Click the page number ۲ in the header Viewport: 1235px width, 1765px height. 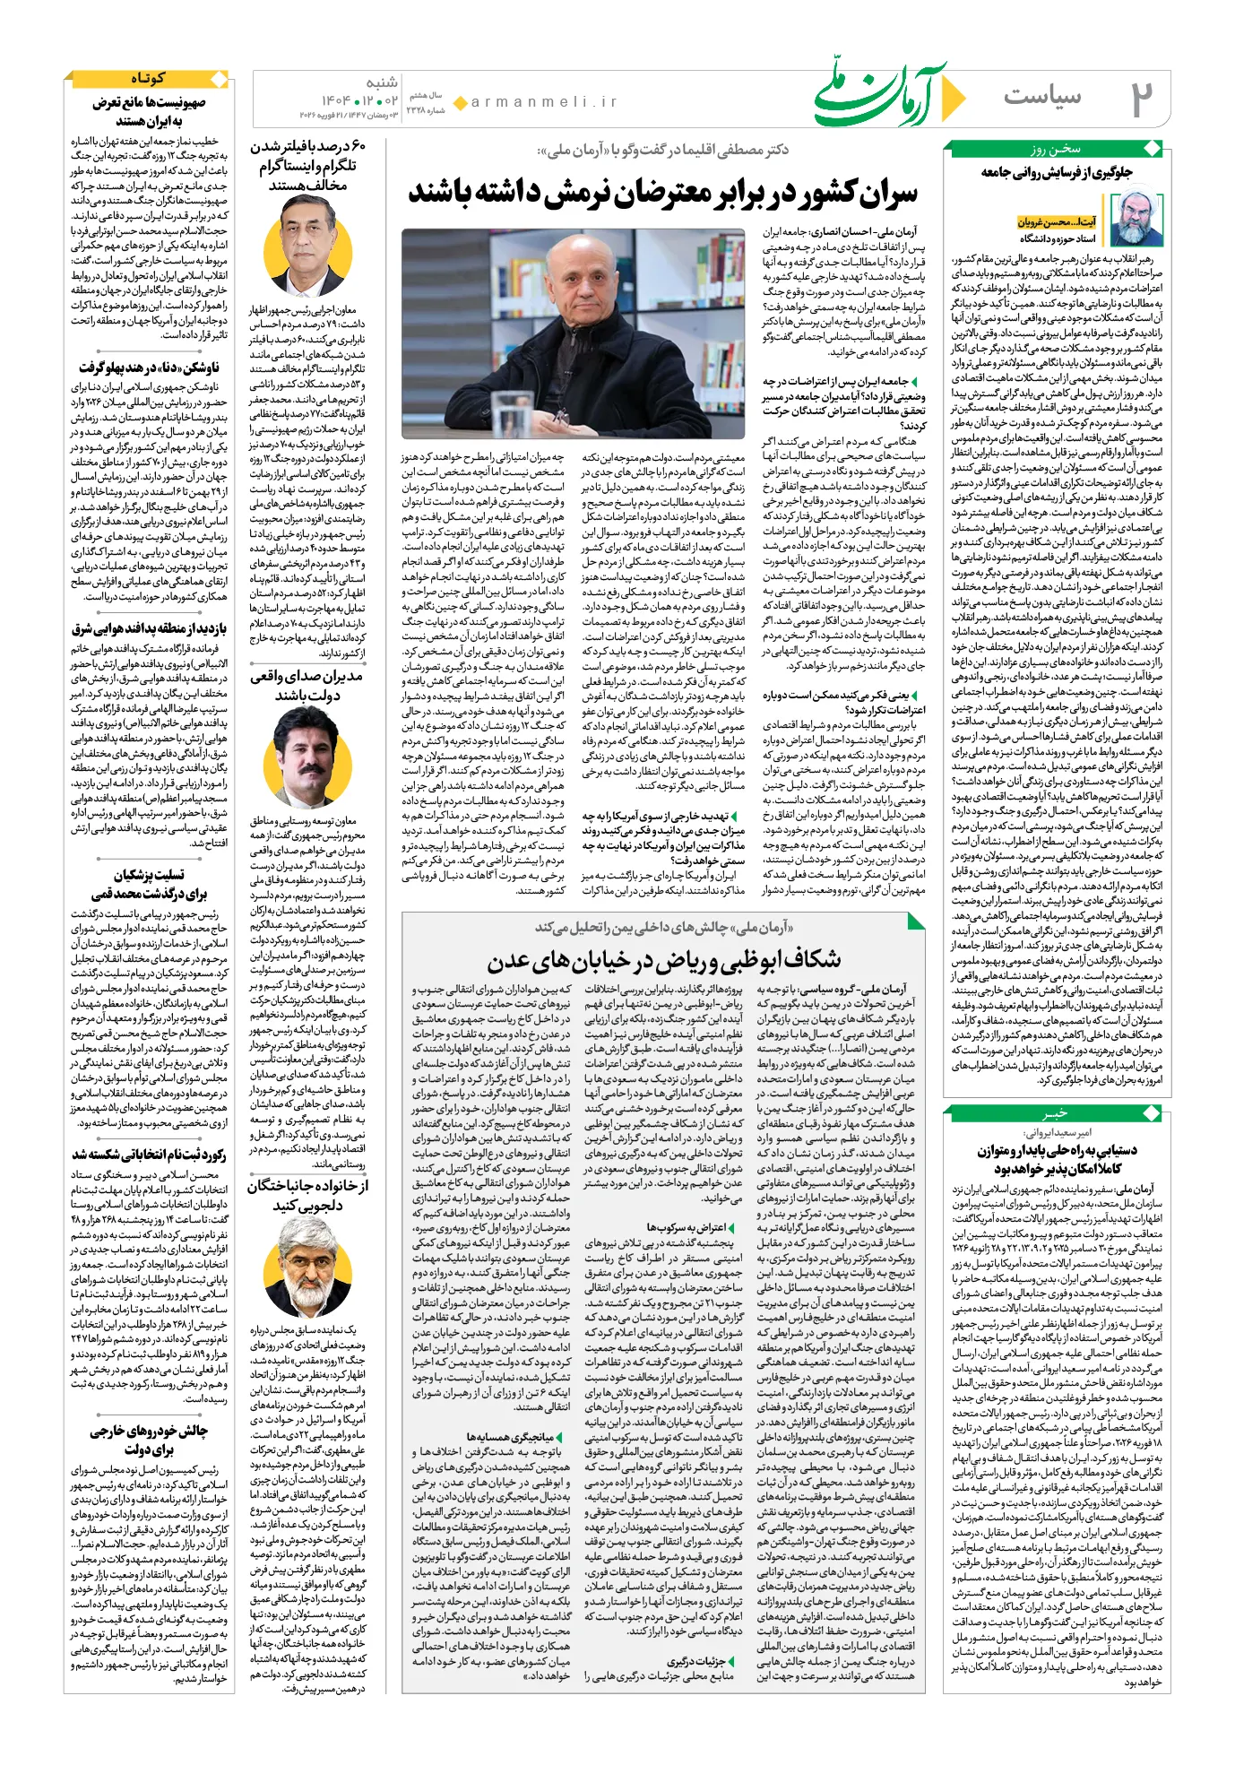(1140, 99)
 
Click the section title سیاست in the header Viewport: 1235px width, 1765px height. (1042, 97)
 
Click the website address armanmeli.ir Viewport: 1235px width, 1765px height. (544, 102)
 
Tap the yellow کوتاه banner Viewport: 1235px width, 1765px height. (148, 79)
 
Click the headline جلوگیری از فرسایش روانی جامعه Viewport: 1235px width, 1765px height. (1057, 172)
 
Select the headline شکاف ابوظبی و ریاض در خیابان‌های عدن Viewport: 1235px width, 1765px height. (663, 961)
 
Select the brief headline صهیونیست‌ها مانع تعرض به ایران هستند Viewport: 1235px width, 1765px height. (149, 112)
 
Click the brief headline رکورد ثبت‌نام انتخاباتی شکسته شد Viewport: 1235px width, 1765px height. (149, 1155)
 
